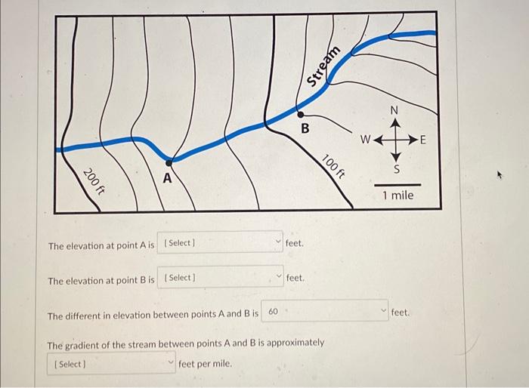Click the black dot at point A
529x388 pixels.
[x=169, y=162]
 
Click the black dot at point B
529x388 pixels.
[x=300, y=115]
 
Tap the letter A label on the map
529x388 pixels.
[x=167, y=180]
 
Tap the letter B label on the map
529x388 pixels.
[x=305, y=129]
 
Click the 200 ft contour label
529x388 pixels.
[x=93, y=181]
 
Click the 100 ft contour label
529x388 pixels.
[x=333, y=165]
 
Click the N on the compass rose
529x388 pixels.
[x=394, y=110]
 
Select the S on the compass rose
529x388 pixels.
[x=394, y=168]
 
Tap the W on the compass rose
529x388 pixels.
[x=365, y=140]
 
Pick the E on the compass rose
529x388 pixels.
[x=422, y=140]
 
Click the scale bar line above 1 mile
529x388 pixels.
[x=397, y=183]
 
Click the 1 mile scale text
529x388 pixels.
[x=398, y=196]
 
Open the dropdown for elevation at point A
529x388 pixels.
[x=220, y=243]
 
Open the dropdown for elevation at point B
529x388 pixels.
[x=220, y=278]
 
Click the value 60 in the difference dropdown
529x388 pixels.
[x=274, y=312]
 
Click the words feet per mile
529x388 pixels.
[x=206, y=364]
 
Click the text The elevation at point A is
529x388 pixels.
[x=101, y=246]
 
